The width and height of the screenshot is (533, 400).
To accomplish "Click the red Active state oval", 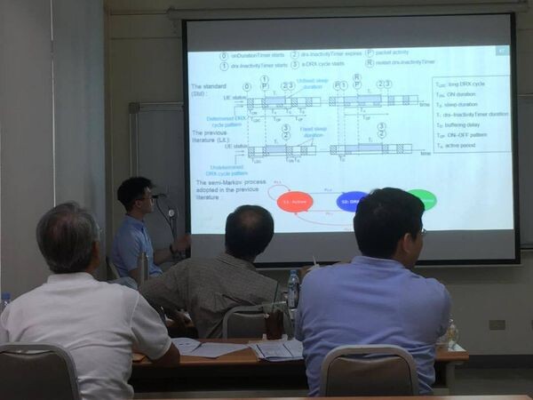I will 296,202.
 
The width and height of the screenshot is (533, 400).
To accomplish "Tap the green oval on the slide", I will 422,199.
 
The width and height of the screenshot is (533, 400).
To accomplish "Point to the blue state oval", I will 353,201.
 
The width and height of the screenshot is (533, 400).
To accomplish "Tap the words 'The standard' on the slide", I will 211,86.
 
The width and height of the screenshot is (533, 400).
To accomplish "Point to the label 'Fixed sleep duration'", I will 310,133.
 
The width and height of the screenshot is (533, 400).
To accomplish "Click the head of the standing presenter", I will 135,196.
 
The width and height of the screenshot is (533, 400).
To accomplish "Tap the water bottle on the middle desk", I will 293,288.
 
